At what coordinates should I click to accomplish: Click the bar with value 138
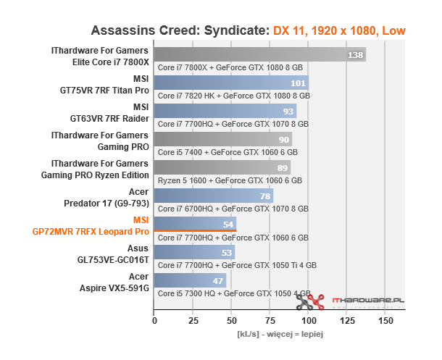click(x=259, y=55)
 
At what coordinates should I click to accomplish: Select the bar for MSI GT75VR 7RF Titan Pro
click(x=231, y=83)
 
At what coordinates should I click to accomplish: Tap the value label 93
click(x=289, y=112)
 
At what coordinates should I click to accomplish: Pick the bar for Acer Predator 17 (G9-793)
click(x=213, y=196)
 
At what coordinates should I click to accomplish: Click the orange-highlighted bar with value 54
click(x=195, y=224)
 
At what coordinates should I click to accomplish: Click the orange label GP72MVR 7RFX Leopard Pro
click(x=91, y=232)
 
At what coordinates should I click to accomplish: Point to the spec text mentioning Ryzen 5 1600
click(x=229, y=180)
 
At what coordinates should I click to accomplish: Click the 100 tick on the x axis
click(x=309, y=320)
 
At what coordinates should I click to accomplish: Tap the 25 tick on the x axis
click(x=193, y=320)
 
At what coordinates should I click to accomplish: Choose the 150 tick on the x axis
click(x=387, y=320)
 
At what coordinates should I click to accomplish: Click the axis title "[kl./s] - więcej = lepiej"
click(x=279, y=335)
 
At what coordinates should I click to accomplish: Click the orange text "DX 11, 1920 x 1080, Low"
click(x=339, y=31)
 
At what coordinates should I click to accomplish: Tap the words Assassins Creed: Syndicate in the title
click(x=180, y=31)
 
